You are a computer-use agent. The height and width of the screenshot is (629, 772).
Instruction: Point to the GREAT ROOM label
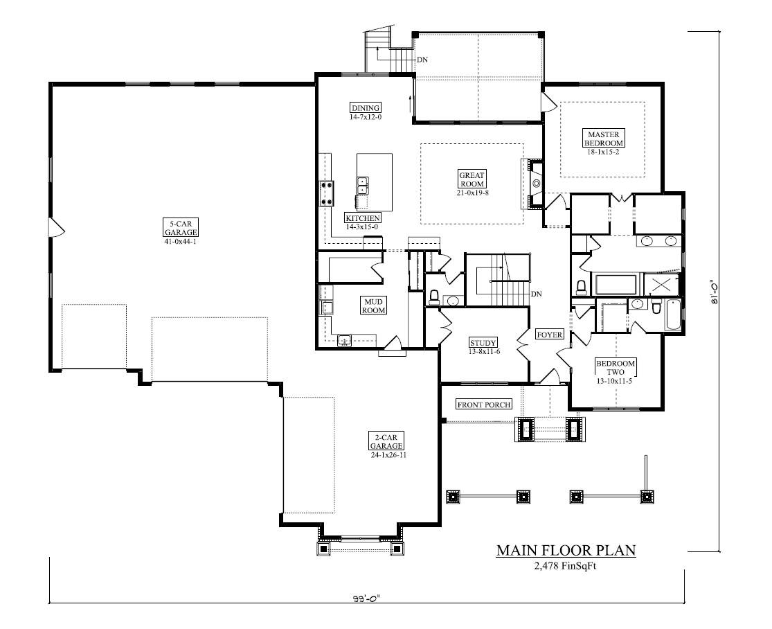472,179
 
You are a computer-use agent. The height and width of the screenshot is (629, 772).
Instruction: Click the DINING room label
365,107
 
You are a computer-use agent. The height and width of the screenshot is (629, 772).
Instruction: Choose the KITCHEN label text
363,218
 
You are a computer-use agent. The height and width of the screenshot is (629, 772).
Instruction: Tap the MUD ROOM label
375,305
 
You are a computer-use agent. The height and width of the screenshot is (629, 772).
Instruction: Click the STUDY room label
483,343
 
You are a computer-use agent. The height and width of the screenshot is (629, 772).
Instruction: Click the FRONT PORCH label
484,405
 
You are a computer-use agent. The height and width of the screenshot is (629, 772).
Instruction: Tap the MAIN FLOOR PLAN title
566,551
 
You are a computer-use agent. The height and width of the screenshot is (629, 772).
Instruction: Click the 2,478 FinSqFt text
565,566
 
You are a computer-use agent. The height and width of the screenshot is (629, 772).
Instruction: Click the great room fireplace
535,184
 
